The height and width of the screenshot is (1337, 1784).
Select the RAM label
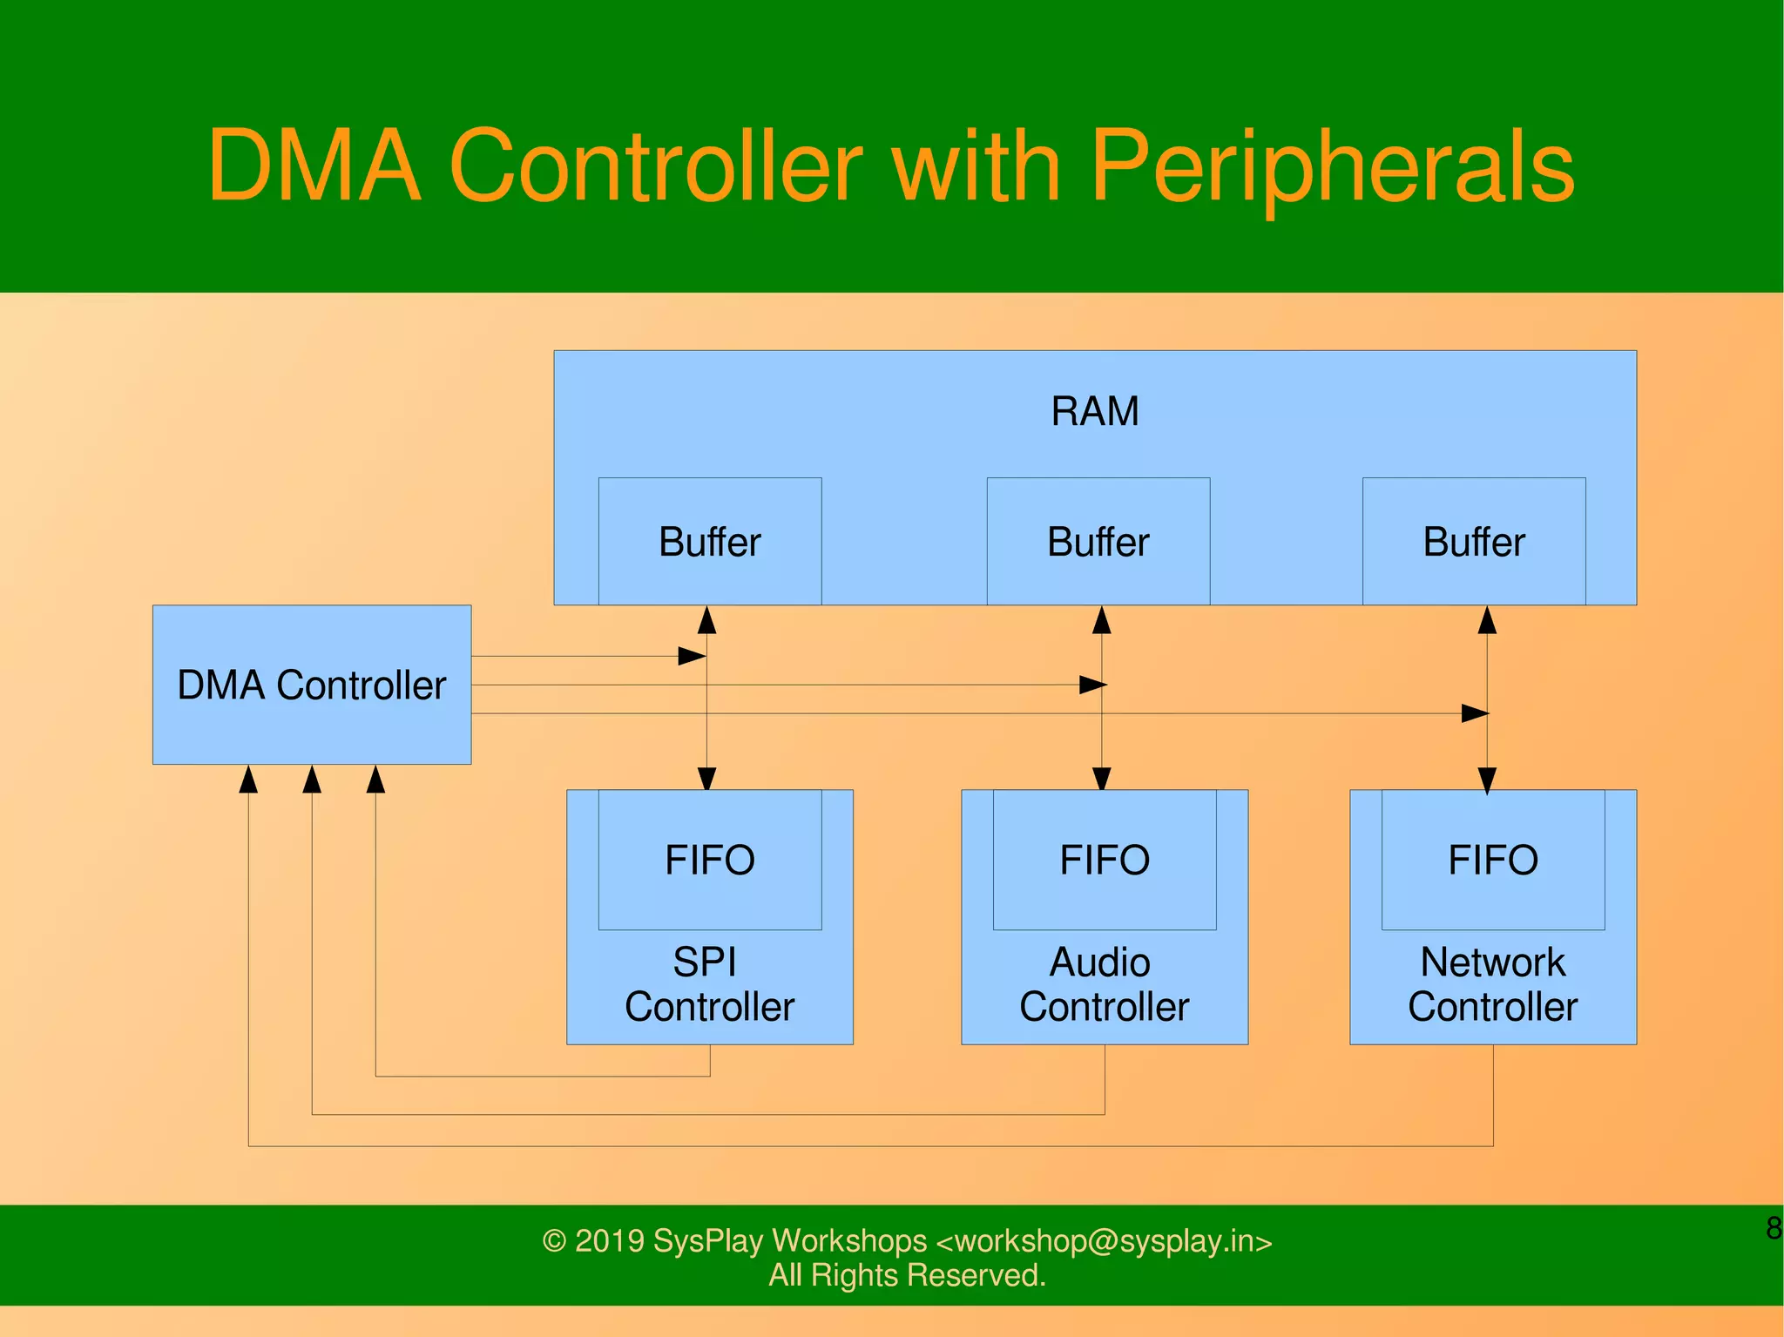click(x=1095, y=411)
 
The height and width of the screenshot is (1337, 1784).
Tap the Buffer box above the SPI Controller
click(x=710, y=542)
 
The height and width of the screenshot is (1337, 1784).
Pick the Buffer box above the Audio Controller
click(x=1098, y=542)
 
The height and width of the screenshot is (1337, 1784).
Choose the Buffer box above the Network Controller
click(x=1474, y=542)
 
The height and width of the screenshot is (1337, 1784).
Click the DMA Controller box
click(x=312, y=685)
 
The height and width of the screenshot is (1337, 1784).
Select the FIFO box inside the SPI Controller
click(x=710, y=860)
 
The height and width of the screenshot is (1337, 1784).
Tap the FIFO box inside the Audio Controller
click(x=1105, y=860)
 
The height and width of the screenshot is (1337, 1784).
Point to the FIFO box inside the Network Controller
click(x=1493, y=860)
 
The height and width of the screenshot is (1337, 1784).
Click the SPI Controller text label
click(x=709, y=985)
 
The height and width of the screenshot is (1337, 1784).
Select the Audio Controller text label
click(x=1104, y=985)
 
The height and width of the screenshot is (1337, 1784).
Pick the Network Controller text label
click(x=1493, y=985)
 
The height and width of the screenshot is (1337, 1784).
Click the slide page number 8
click(x=1773, y=1228)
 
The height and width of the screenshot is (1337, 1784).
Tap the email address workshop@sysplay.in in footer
click(x=1104, y=1240)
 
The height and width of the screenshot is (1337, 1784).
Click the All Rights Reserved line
click(x=907, y=1275)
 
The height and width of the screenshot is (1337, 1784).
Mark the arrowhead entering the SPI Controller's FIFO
click(x=707, y=779)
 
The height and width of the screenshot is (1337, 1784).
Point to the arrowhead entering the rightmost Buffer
click(x=1487, y=619)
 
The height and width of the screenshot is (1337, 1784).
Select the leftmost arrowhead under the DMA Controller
click(x=248, y=779)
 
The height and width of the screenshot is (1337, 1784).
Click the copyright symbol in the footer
click(x=554, y=1240)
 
